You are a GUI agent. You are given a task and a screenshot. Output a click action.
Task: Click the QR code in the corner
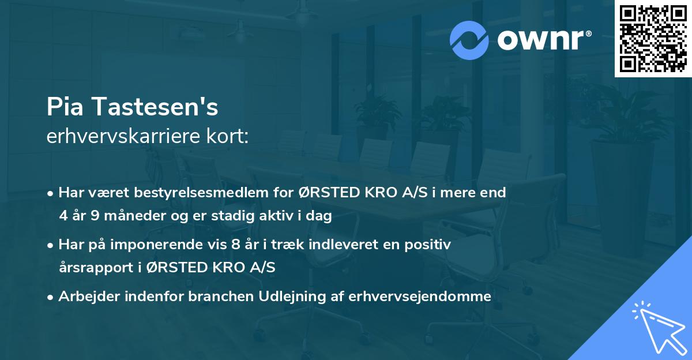pos(653,39)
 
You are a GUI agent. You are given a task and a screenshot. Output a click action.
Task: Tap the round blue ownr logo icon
pos(469,40)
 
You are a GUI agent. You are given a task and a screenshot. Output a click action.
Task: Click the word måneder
pos(129,216)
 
